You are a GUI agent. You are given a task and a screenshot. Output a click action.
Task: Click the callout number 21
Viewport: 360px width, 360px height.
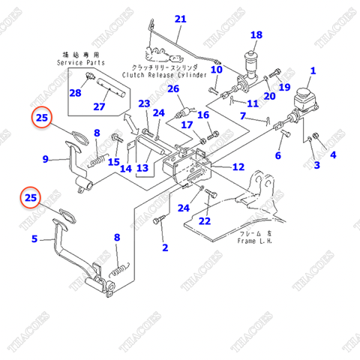click(x=180, y=19)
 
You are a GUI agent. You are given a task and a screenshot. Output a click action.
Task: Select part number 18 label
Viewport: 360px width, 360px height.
click(x=256, y=34)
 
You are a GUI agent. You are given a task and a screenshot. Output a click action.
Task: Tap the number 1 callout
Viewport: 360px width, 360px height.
click(x=313, y=71)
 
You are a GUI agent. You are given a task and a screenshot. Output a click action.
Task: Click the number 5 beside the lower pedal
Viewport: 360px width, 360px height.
click(x=34, y=239)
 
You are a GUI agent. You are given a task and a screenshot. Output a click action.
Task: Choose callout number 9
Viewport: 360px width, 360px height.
click(x=45, y=159)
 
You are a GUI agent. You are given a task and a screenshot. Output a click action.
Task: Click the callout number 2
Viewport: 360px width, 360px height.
click(x=165, y=247)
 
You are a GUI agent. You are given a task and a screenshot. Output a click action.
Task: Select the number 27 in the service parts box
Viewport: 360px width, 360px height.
click(x=119, y=106)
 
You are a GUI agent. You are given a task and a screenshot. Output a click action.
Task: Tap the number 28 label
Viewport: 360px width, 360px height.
click(x=75, y=92)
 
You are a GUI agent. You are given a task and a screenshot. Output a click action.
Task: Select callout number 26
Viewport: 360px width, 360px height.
click(x=174, y=89)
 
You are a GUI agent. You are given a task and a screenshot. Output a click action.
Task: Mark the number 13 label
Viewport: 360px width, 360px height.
click(x=142, y=168)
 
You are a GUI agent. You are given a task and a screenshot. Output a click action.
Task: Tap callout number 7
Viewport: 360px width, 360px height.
click(x=242, y=116)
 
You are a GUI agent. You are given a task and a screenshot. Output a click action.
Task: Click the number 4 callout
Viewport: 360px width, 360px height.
click(x=333, y=155)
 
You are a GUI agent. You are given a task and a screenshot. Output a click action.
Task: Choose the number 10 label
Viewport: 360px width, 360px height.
click(x=216, y=70)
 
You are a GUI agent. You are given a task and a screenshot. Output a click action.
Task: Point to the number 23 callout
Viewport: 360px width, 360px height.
click(x=144, y=103)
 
